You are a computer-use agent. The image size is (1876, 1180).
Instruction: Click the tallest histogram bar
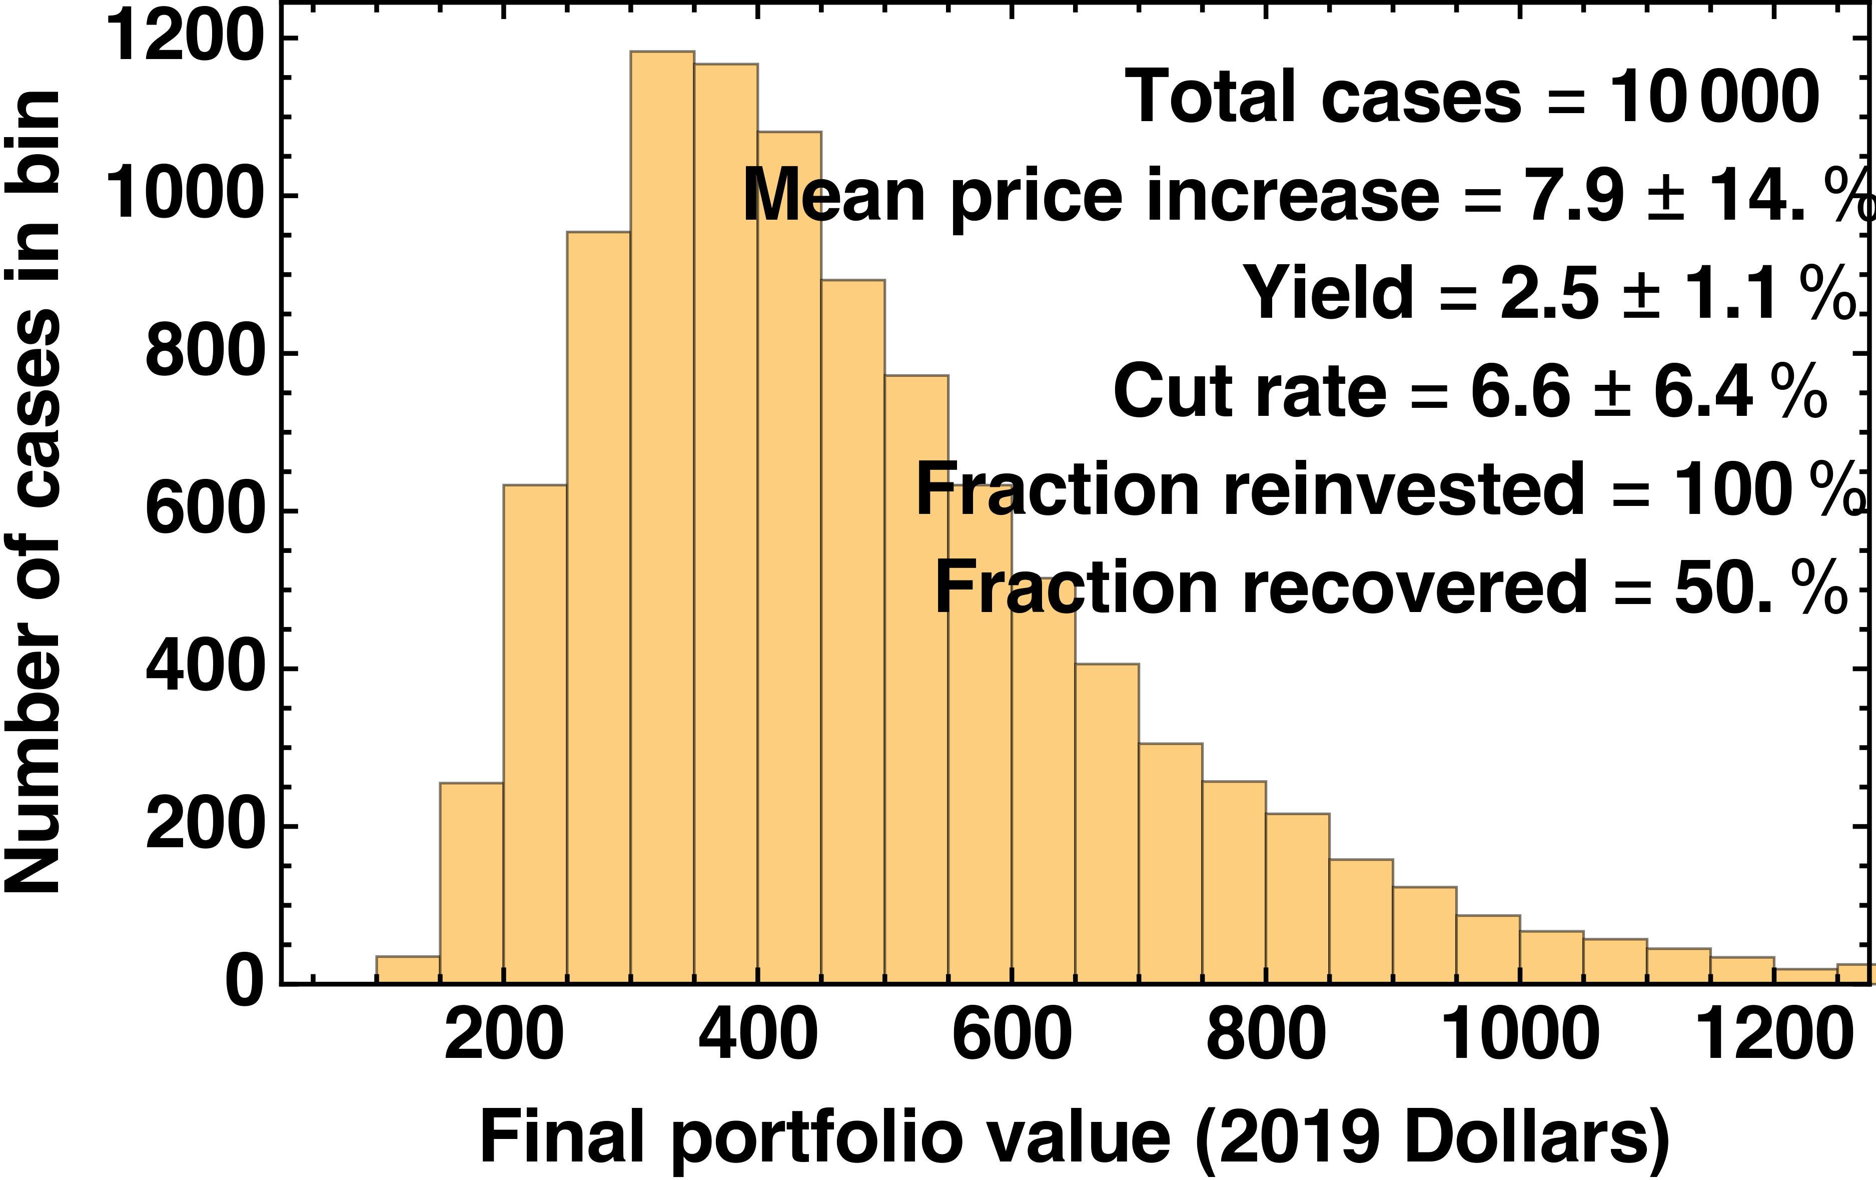coord(662,514)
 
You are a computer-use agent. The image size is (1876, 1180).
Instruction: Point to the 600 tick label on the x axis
coord(1011,1035)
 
